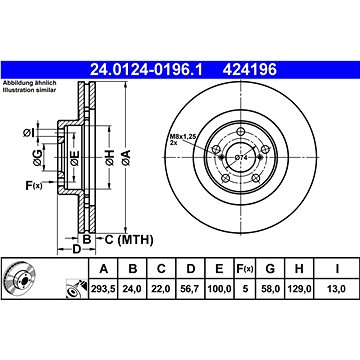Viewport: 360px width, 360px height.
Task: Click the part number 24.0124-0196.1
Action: click(146, 70)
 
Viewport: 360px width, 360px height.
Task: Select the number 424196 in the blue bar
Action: click(250, 70)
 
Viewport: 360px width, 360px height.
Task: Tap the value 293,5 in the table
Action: click(104, 289)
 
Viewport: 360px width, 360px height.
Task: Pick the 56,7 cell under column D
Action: click(190, 289)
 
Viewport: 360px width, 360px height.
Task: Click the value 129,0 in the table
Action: click(299, 289)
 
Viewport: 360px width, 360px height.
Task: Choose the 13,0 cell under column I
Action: click(337, 289)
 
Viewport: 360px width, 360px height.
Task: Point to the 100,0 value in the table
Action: click(219, 289)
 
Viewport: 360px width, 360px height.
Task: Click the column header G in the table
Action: click(270, 268)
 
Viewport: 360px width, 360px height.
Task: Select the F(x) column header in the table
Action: click(245, 268)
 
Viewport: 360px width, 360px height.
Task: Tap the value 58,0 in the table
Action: click(270, 289)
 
